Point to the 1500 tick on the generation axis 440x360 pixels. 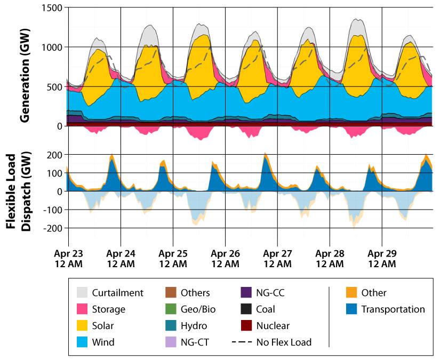(x=51, y=8)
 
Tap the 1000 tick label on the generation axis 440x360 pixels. (x=51, y=47)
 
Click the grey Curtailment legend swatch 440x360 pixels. (x=82, y=293)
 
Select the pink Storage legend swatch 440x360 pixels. (x=82, y=309)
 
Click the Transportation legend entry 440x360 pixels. (x=393, y=309)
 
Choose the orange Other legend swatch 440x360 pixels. (x=351, y=293)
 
